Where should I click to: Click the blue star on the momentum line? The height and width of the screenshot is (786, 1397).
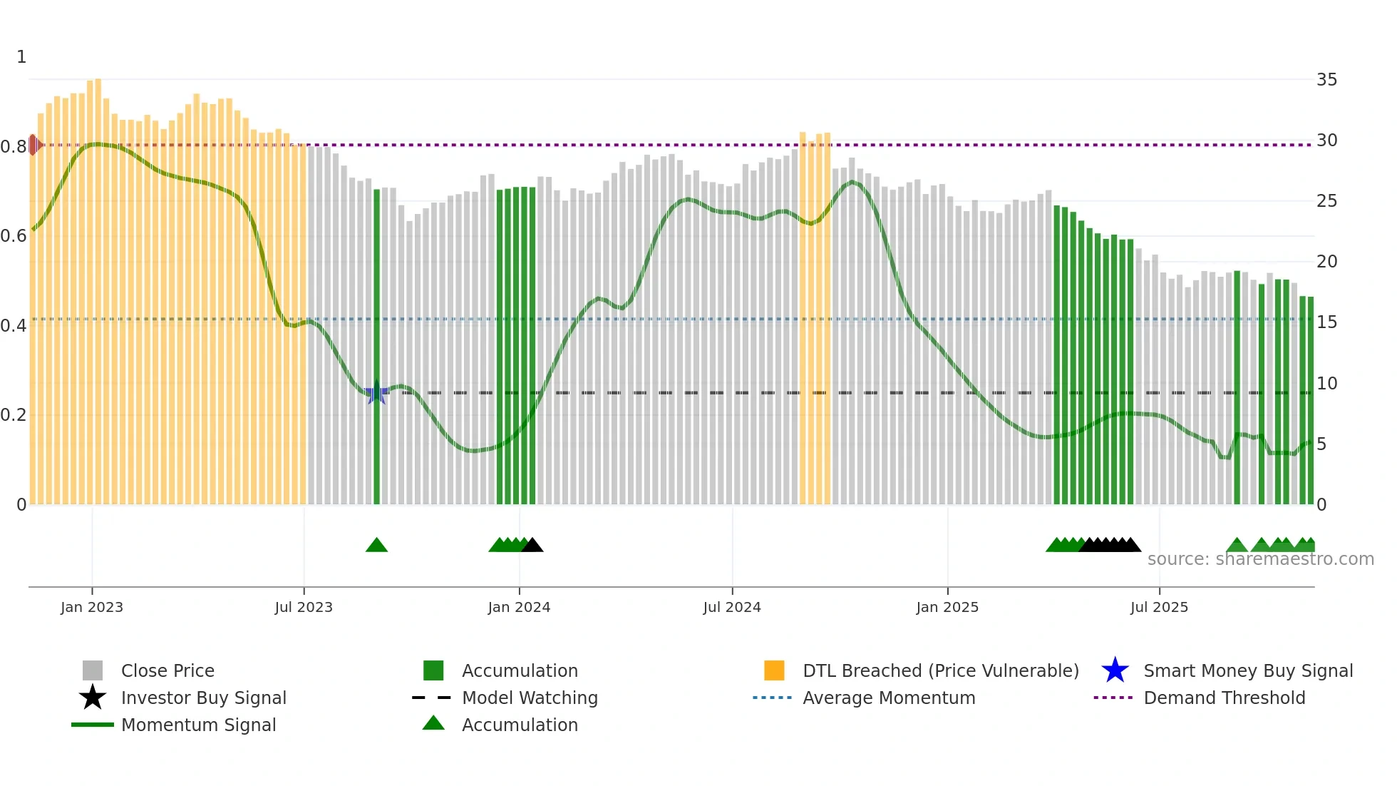[x=376, y=392]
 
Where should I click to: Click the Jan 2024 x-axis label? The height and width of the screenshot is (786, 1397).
[x=519, y=607]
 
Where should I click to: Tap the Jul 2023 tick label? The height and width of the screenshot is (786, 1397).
[x=304, y=607]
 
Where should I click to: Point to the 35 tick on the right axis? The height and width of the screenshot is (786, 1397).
[x=1326, y=80]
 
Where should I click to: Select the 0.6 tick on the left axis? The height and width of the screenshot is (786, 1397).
[x=14, y=236]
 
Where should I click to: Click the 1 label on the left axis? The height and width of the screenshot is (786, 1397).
[x=21, y=57]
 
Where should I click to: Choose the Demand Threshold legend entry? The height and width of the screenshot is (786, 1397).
[x=1224, y=698]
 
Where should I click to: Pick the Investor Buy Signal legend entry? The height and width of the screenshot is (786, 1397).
[x=203, y=698]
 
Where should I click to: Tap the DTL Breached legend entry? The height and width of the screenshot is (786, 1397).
[x=940, y=670]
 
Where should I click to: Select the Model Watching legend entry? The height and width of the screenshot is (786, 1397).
[x=529, y=698]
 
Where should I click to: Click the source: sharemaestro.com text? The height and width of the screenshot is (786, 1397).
[x=1260, y=559]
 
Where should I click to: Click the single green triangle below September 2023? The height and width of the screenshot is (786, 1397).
[x=376, y=546]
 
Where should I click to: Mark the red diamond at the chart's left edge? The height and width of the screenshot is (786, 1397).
[x=33, y=145]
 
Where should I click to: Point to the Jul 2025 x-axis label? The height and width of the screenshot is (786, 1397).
[x=1159, y=607]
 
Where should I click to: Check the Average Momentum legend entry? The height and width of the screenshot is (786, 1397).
[x=888, y=698]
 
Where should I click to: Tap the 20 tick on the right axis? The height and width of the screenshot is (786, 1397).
[x=1326, y=262]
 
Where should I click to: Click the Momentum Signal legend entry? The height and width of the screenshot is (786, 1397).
[x=198, y=725]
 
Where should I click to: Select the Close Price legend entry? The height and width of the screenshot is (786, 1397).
[x=167, y=670]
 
